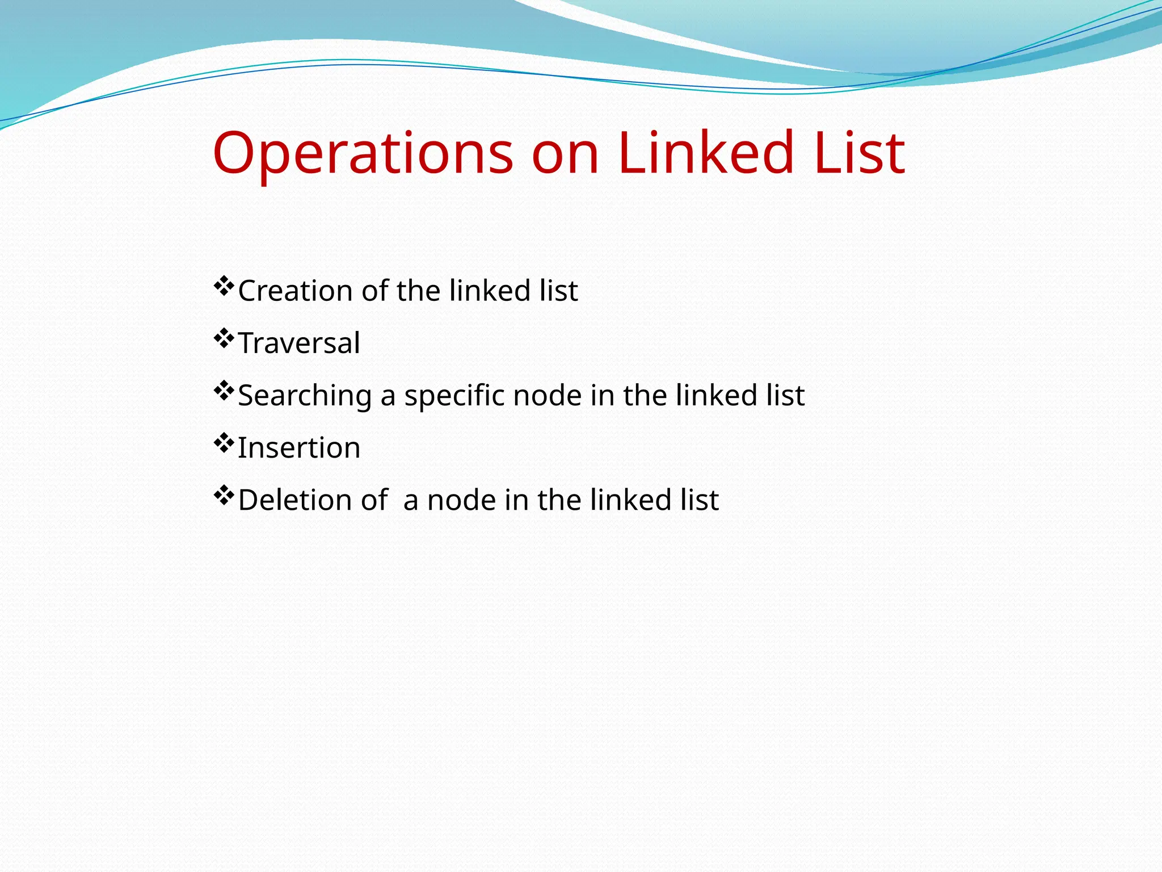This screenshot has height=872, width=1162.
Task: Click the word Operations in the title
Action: [363, 153]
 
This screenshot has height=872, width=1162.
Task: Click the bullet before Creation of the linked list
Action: [224, 286]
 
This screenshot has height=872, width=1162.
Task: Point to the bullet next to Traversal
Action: [224, 338]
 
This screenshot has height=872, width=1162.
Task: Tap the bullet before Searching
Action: [224, 391]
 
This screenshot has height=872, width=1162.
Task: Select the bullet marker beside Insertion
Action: [224, 443]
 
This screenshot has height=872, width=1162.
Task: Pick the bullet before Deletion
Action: [224, 495]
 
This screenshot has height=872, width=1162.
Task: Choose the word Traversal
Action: [299, 343]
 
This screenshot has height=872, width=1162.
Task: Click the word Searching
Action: [305, 396]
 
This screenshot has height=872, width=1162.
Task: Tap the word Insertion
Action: [299, 448]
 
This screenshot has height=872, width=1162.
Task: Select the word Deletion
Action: [295, 500]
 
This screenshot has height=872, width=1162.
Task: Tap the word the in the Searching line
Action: [645, 395]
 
